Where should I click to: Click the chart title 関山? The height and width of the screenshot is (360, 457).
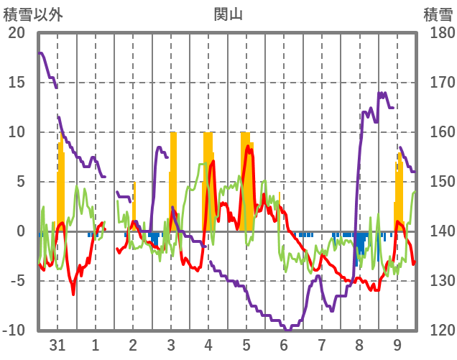pyautogui.click(x=228, y=14)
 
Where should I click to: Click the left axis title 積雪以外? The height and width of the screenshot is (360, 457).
pyautogui.click(x=32, y=14)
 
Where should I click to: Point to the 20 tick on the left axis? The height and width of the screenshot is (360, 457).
pyautogui.click(x=16, y=33)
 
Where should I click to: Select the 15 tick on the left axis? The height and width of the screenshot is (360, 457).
pyautogui.click(x=16, y=83)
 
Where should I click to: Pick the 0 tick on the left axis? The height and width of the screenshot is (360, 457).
pyautogui.click(x=20, y=231)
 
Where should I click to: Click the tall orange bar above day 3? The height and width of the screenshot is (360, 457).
pyautogui.click(x=172, y=180)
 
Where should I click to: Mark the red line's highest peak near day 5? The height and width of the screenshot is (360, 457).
pyautogui.click(x=249, y=147)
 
